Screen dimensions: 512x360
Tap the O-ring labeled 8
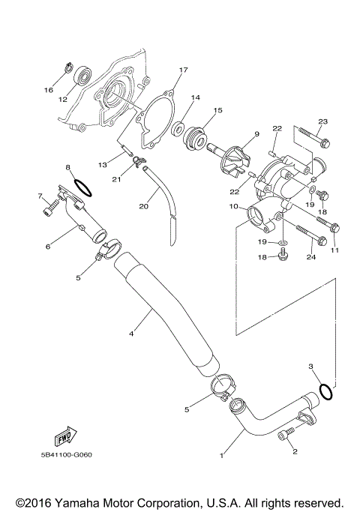click(x=83, y=184)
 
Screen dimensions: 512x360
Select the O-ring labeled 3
click(x=326, y=391)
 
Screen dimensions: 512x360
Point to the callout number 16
click(x=49, y=91)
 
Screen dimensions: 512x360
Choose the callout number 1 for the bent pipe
click(x=222, y=455)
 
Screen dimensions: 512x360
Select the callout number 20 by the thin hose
click(x=144, y=205)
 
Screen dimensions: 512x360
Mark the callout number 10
click(x=233, y=206)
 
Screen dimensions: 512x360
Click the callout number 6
click(x=47, y=245)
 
